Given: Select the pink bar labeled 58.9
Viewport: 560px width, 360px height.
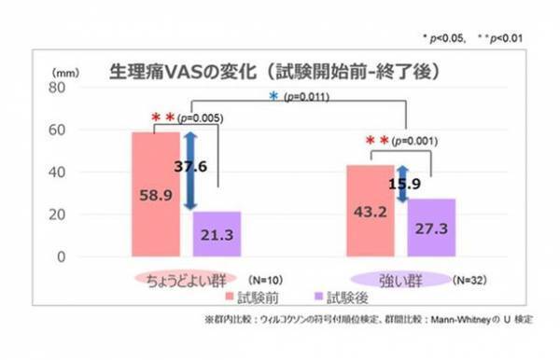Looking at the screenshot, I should [x=155, y=196].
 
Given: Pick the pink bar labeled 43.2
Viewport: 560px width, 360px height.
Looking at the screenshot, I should [x=370, y=211].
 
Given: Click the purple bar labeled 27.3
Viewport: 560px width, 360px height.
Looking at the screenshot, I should [x=431, y=228].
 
